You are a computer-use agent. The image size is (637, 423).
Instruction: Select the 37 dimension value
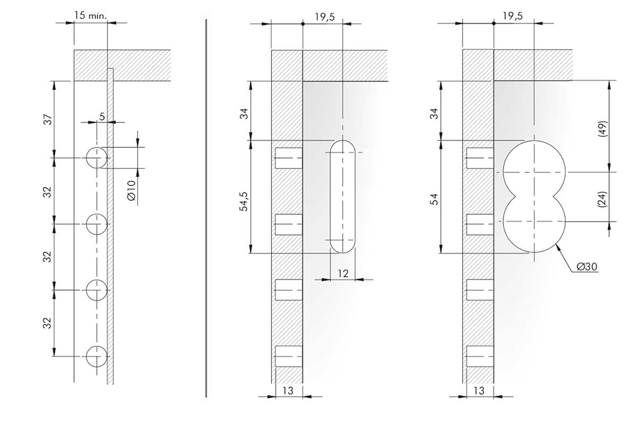(x=46, y=119)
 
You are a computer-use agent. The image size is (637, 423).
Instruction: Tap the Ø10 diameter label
(x=131, y=190)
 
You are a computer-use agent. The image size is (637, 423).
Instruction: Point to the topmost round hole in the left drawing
(x=96, y=158)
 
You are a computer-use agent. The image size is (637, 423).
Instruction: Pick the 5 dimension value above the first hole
(x=101, y=115)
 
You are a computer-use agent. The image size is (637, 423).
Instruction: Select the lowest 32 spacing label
(x=46, y=323)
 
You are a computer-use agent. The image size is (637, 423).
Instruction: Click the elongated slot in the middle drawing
(x=342, y=196)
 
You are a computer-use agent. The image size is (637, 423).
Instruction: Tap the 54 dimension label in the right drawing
(x=435, y=199)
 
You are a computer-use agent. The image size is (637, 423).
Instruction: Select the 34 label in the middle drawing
(x=245, y=113)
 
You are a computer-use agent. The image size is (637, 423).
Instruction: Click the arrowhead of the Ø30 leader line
(x=558, y=246)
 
